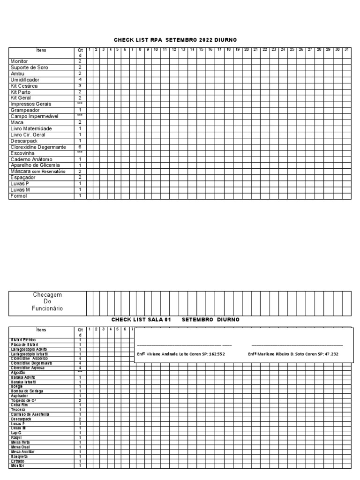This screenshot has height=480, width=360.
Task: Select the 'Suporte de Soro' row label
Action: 29,67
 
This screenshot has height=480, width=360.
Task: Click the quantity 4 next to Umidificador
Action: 80,80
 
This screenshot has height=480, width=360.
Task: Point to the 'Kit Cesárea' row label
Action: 24,86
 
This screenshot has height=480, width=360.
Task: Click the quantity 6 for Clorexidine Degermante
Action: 80,147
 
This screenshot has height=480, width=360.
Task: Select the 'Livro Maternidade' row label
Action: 31,128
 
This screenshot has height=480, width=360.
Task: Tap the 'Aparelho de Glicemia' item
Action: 35,165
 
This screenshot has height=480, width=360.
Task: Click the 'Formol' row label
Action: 19,196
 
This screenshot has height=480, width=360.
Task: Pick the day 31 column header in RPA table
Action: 346,49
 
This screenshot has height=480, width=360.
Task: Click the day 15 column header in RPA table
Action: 201,49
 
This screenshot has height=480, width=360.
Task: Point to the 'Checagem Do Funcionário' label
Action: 47,301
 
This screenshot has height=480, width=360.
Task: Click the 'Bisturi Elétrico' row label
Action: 23,340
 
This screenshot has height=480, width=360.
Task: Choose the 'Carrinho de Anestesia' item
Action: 30,414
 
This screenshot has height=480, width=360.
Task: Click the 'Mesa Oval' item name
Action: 21,447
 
